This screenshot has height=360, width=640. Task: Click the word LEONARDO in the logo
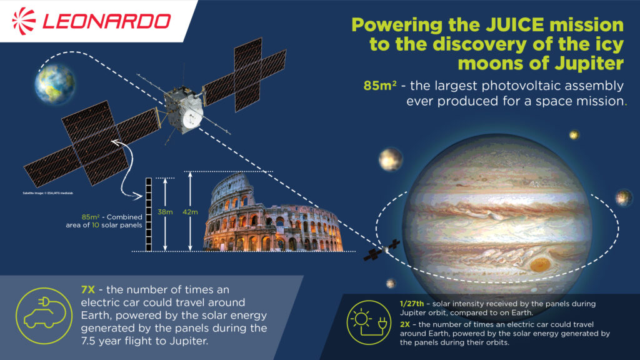tap(106, 21)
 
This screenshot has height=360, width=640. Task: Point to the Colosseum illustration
tap(272, 216)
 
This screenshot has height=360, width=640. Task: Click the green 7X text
tap(90, 289)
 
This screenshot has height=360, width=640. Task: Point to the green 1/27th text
tap(411, 303)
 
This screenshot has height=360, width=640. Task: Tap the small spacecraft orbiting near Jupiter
tap(381, 251)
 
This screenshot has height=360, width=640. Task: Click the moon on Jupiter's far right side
tap(623, 197)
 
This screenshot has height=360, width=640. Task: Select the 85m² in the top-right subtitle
tap(379, 85)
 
